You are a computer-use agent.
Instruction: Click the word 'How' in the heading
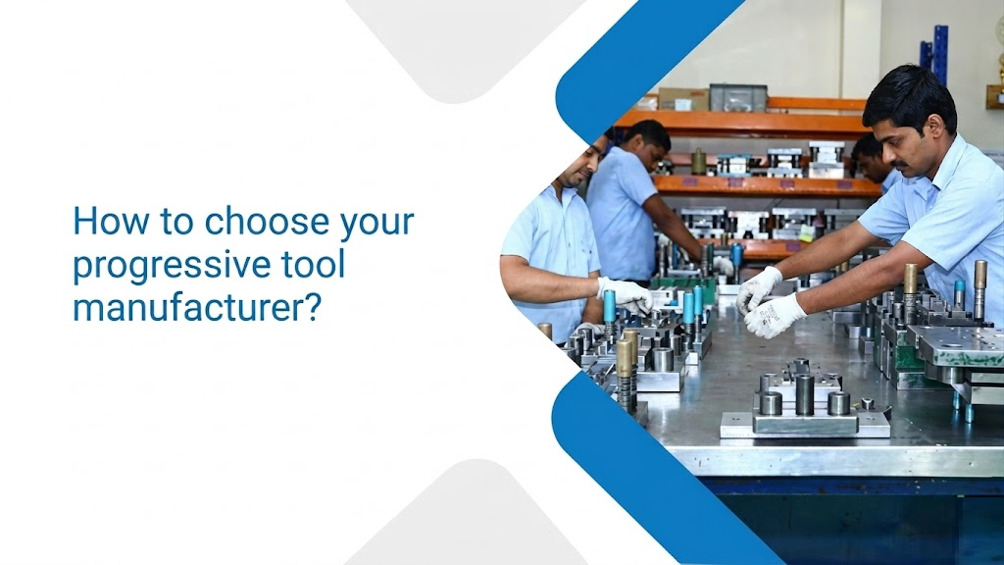(x=104, y=222)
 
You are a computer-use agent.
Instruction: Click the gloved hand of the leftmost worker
(x=626, y=293)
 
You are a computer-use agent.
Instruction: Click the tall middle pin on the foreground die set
(x=805, y=392)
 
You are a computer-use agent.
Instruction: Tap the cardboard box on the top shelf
(x=683, y=98)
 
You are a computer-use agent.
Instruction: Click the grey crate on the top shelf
(x=737, y=96)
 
